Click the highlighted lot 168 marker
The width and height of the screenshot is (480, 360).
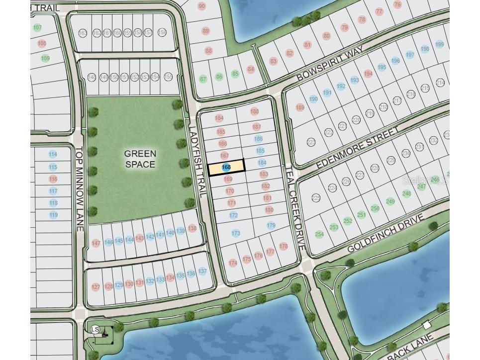226,168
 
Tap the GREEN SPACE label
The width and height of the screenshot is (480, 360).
140,159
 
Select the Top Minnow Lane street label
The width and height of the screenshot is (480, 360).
79,188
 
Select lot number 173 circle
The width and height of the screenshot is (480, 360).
236,233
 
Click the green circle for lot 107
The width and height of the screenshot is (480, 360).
37,28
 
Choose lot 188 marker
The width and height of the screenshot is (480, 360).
255,112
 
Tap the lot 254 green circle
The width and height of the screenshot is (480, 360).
319,234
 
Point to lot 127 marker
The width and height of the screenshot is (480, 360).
96,287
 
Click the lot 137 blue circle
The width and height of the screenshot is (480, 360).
202,271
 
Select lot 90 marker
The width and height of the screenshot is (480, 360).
201,6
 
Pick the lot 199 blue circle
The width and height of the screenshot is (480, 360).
439,45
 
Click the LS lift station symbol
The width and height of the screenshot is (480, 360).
95,329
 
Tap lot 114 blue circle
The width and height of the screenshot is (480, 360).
53,155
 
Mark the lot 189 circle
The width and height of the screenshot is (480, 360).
299,107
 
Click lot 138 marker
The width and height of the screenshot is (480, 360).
192,228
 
